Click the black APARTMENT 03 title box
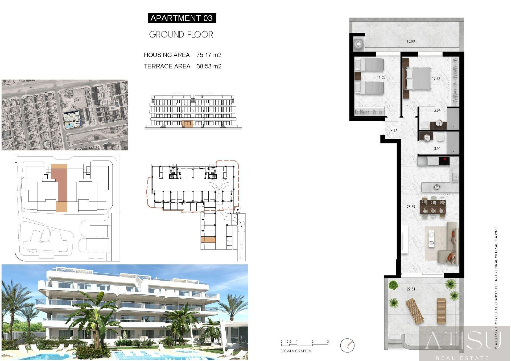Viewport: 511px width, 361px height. (182, 18)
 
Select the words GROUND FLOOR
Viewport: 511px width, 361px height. (181, 34)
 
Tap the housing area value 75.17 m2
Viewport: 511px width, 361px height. (209, 55)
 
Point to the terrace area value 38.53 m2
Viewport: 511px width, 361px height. (209, 66)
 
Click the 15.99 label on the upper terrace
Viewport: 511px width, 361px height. (410, 41)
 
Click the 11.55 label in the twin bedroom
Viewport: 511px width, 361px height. (381, 77)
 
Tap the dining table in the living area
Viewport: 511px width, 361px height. (433, 207)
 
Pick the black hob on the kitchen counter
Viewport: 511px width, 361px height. (444, 161)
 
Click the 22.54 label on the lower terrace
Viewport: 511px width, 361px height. (411, 289)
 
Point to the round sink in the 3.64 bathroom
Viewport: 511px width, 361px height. (439, 123)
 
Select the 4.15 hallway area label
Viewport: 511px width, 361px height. (394, 131)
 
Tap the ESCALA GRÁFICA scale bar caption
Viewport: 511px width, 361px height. (296, 351)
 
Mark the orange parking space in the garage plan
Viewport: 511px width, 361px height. (208, 240)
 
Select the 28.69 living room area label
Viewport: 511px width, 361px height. (411, 207)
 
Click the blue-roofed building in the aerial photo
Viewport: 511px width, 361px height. (71, 117)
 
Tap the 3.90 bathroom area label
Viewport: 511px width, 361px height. (437, 149)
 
